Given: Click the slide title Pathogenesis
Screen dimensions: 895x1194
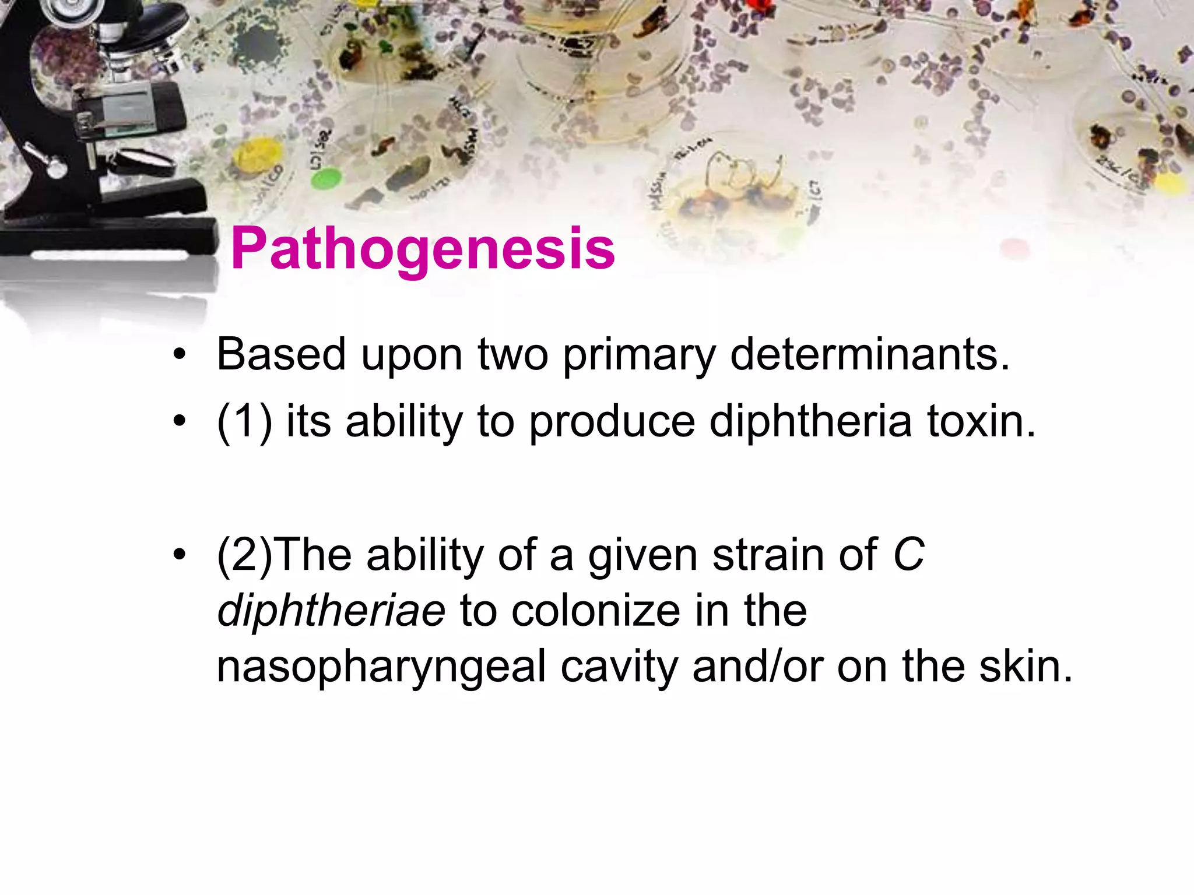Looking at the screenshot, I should (x=423, y=249).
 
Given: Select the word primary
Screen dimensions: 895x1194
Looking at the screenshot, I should (x=638, y=355).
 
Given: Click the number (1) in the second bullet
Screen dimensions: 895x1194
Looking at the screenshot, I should (x=244, y=422).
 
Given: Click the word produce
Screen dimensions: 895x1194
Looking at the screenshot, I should (x=612, y=422).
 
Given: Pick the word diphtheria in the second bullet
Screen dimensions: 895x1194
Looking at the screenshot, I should (x=810, y=422).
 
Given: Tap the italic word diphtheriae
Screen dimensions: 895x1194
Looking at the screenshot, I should (x=331, y=611).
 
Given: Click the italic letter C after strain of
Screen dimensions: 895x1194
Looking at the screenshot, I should (x=908, y=554).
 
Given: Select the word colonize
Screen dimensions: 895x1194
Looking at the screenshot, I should (x=596, y=611).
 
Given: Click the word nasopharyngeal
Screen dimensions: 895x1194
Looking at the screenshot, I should (x=381, y=667).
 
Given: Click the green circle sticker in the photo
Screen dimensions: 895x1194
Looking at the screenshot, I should (x=326, y=178).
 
